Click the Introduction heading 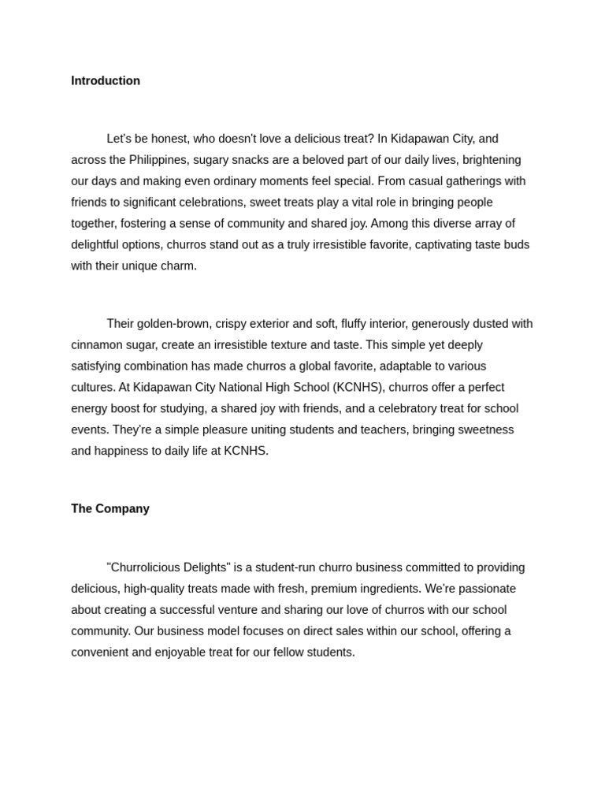point(106,80)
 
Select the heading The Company point(110,508)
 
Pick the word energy point(89,409)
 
